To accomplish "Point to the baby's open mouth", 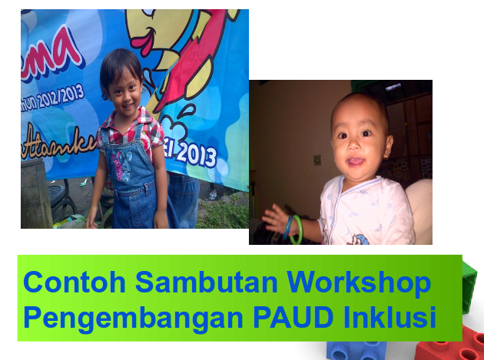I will tap(356, 163).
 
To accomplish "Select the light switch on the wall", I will tap(317, 160).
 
